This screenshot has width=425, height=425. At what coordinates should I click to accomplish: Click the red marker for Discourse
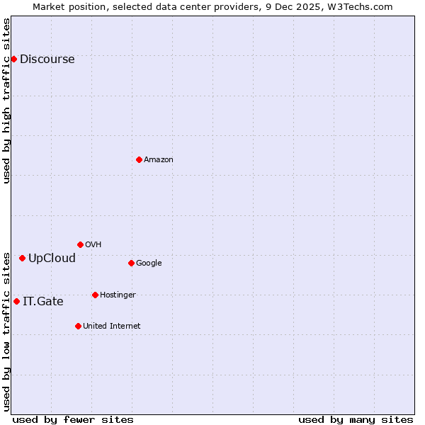pos(13,59)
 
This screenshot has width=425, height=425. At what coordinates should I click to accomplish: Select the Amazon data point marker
pos(139,159)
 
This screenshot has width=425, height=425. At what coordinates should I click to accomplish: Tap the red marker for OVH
pos(80,244)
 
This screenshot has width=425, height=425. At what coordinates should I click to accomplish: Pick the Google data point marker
pos(131,263)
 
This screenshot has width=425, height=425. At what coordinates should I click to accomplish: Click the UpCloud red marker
pos(22,258)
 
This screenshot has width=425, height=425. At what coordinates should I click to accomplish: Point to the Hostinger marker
pos(95,295)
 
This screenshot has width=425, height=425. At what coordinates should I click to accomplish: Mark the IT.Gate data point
pos(16,301)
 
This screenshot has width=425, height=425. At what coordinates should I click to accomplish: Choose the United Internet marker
pos(78,326)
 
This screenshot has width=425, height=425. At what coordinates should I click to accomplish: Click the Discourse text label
pos(47,59)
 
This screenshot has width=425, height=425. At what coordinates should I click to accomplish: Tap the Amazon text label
pos(159,160)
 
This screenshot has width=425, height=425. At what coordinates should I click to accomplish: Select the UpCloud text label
pos(52,259)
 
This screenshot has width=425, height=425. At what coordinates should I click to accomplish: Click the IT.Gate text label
pos(42,302)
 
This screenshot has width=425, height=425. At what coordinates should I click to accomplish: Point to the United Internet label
pos(111,327)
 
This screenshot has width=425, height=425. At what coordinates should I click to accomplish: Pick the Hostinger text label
pos(118,295)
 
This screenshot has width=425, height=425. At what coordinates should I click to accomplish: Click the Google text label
pos(149,263)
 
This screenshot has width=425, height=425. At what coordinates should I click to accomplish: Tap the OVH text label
pos(93,245)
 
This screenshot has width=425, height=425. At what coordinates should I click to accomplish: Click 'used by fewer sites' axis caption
pos(73,419)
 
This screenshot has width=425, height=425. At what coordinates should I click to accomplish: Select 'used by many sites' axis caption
pos(356,419)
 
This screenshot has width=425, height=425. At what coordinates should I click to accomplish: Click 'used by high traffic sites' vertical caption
pos(7,101)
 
